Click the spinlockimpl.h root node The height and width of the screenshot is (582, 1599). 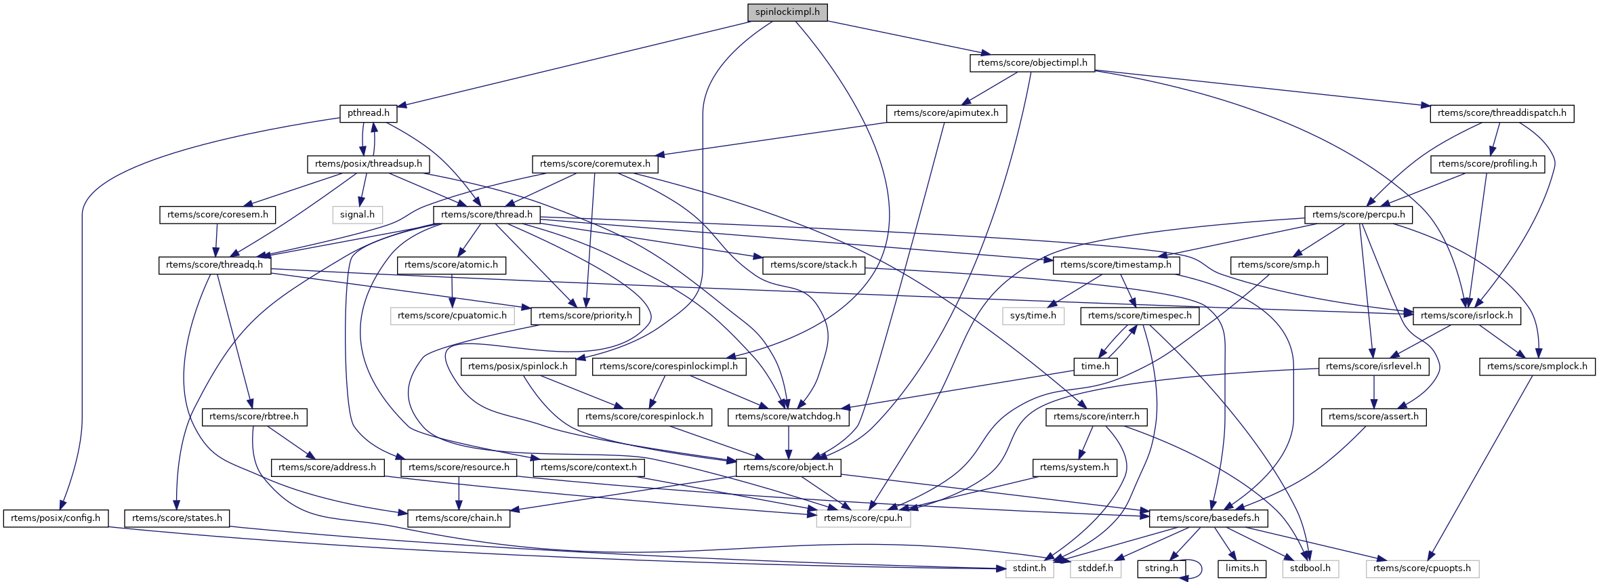787,12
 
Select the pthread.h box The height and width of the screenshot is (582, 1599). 368,113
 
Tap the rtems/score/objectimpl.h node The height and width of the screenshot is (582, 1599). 1032,63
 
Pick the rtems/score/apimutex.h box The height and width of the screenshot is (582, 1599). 946,113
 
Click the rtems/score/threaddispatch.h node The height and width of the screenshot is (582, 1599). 1501,113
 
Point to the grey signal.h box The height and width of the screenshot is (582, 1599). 357,215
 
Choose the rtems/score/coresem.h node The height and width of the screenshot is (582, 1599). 217,215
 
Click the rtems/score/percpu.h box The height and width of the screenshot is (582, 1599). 1358,215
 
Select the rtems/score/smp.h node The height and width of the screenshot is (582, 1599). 1279,265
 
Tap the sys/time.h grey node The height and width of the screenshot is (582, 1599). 1033,316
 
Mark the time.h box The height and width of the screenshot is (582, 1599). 1095,367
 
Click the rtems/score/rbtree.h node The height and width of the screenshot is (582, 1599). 254,417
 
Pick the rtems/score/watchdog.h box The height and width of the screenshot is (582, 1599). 787,417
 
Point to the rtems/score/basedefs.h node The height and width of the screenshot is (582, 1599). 1207,518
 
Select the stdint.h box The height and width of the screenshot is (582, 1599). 1029,568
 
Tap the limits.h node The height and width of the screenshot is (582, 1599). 1241,568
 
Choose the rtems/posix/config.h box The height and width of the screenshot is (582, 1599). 55,518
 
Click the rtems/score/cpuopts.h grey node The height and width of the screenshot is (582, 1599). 1421,568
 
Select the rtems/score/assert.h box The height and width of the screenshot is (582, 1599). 1373,417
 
